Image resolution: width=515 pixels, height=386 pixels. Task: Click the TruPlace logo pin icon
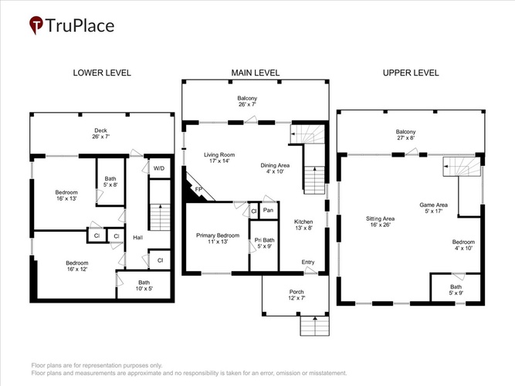click(36, 25)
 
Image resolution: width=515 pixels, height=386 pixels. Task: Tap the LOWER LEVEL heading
click(102, 73)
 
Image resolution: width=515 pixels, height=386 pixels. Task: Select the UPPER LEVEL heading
click(411, 73)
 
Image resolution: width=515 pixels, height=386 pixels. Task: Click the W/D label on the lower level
click(159, 168)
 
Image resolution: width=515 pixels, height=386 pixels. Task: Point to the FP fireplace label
click(198, 189)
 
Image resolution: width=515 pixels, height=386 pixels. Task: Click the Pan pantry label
click(269, 210)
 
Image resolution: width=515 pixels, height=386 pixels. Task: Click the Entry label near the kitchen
click(308, 262)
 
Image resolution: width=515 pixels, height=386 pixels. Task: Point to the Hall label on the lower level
click(138, 237)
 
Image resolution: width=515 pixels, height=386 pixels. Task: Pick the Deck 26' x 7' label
click(101, 134)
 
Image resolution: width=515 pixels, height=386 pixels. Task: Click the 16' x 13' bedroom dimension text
click(66, 198)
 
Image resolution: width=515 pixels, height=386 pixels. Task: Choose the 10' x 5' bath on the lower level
click(144, 286)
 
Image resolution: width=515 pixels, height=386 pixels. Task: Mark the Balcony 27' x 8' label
click(405, 134)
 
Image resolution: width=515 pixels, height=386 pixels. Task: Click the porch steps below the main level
click(315, 326)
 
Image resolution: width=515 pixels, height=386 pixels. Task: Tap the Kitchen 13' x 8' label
click(303, 225)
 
